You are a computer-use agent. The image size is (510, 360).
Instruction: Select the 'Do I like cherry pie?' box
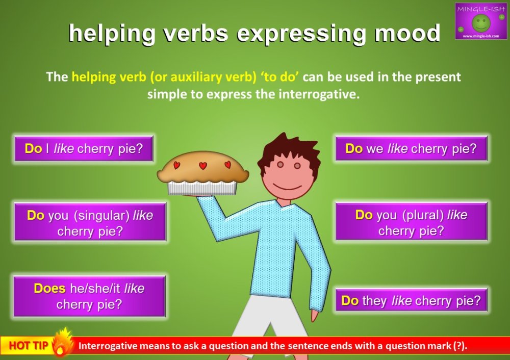tap(84, 149)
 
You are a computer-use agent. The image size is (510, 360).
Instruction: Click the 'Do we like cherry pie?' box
tap(411, 149)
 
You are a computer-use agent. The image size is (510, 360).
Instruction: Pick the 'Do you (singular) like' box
tap(90, 222)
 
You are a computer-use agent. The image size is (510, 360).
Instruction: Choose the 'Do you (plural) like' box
tap(411, 222)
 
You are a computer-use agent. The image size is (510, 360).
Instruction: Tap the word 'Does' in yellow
tap(49, 289)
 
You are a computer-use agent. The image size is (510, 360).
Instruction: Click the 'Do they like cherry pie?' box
tap(411, 300)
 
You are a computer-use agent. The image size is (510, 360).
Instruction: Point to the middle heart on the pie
tap(202, 166)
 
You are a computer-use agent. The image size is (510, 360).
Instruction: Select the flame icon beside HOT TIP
tap(62, 342)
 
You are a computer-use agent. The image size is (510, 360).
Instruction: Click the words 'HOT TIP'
tap(29, 346)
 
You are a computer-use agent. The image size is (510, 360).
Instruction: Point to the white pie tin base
tap(202, 188)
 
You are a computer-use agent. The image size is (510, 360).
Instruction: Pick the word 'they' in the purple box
tap(374, 301)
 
